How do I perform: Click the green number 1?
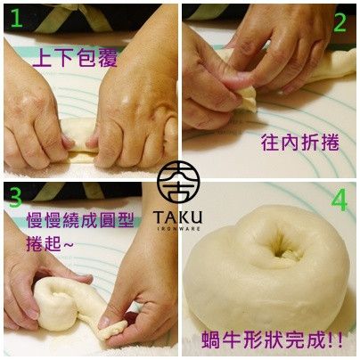[17, 19]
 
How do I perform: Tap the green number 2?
[340, 22]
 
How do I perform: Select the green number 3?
[15, 198]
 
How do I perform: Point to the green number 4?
[340, 200]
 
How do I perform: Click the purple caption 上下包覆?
[75, 57]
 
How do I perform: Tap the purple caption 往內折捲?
[300, 143]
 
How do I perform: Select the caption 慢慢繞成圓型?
[80, 220]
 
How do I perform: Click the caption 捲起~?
[49, 243]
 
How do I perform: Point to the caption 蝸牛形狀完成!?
[272, 340]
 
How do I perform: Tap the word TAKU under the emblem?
[178, 217]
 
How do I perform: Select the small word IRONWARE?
[178, 229]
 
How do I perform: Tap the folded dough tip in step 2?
[247, 98]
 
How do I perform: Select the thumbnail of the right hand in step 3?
[104, 323]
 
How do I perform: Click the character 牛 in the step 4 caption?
[232, 340]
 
